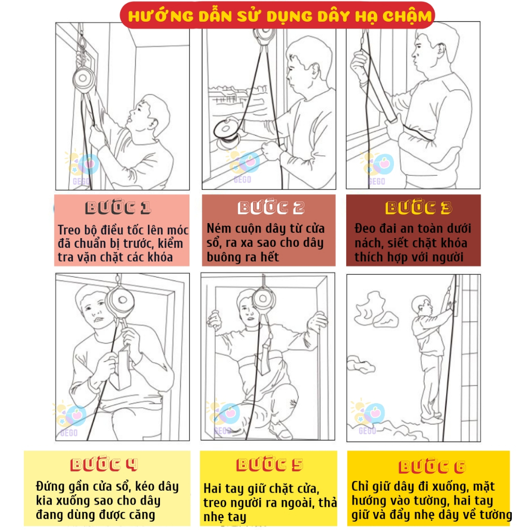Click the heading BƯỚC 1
tap(118, 208)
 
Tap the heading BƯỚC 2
tap(271, 208)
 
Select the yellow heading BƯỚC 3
tap(418, 208)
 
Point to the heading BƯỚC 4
tap(104, 465)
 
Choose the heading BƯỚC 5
tap(270, 465)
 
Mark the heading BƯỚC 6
tap(432, 467)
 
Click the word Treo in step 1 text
tap(69, 230)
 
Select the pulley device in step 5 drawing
tap(264, 299)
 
